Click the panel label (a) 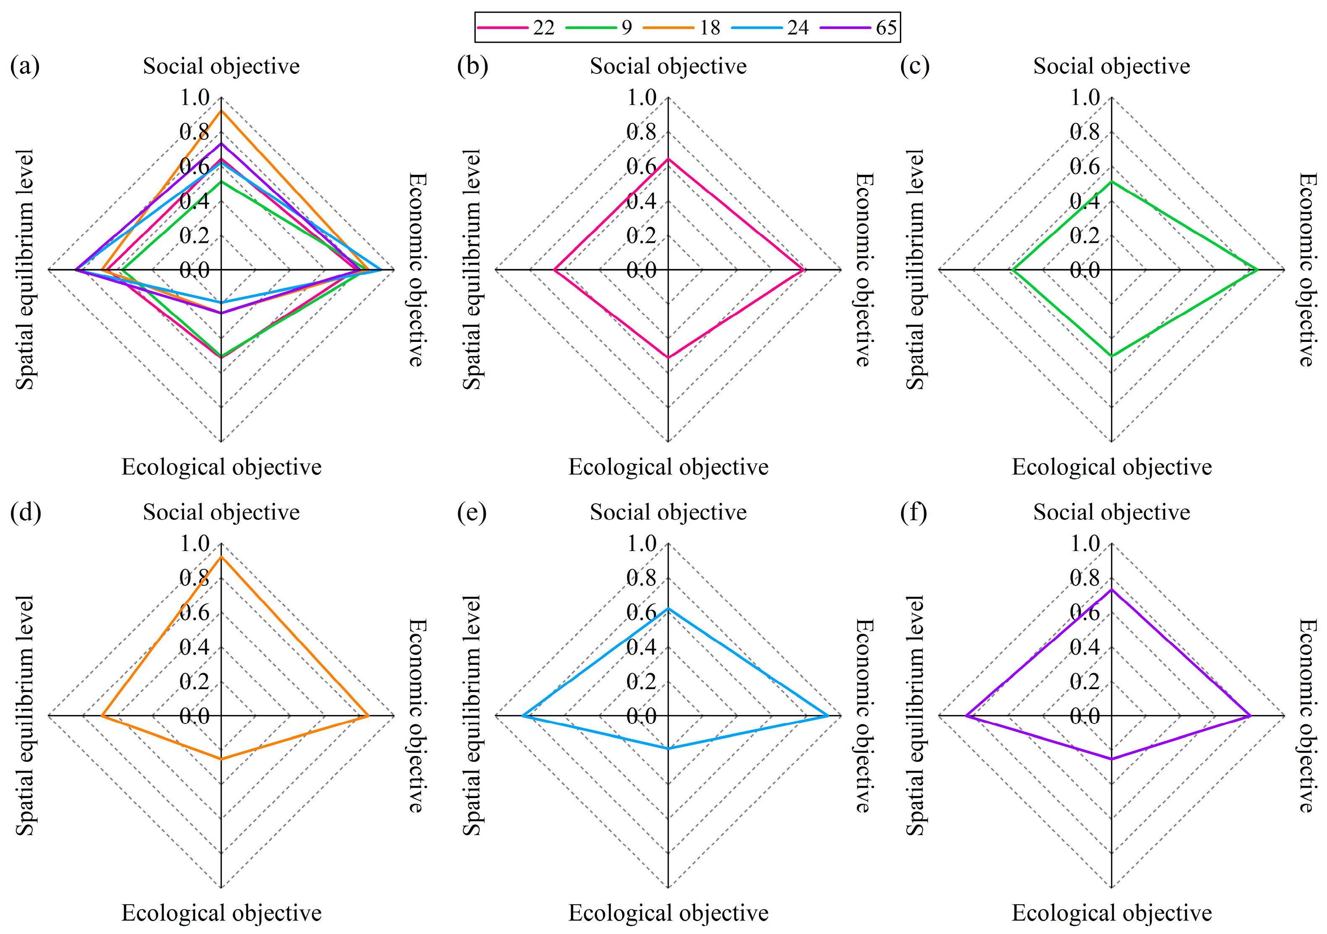pos(25,66)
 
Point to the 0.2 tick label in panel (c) pos(1085,236)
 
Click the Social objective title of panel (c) pos(1111,66)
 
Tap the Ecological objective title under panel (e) pos(668,913)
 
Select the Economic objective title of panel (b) pos(863,269)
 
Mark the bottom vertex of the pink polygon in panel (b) pos(668,358)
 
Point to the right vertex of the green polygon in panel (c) pos(1258,270)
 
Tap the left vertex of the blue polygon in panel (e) pos(522,716)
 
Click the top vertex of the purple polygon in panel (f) pos(1111,589)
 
